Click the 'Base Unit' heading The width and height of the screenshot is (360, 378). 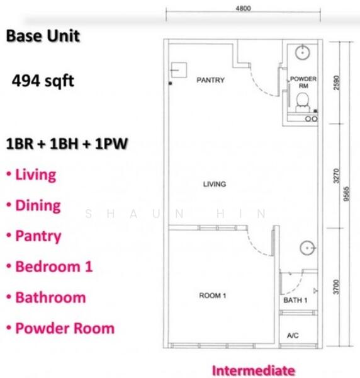pos(43,36)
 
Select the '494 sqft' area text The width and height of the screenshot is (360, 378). pos(43,81)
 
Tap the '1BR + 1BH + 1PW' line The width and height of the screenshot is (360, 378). pos(67,144)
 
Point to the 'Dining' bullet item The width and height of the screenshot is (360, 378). pos(38,205)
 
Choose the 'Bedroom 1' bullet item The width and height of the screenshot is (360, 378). pos(53,266)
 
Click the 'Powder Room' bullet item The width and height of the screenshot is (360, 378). pos(64,328)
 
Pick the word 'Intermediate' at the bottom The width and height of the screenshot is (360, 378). pos(253,370)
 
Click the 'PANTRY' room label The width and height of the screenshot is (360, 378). pos(211,81)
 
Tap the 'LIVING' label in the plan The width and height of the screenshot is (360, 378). pos(215,185)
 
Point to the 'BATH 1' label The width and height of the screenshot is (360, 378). pos(295,301)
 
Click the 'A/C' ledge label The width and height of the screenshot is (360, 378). pos(293,336)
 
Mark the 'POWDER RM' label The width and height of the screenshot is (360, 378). pos(303,83)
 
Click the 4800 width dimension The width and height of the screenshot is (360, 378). pos(243,8)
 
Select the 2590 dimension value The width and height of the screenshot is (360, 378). pos(337,83)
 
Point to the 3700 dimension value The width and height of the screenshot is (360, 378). pos(337,287)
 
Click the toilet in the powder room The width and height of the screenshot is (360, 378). pos(303,100)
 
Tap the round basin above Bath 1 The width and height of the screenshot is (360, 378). pos(308,247)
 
